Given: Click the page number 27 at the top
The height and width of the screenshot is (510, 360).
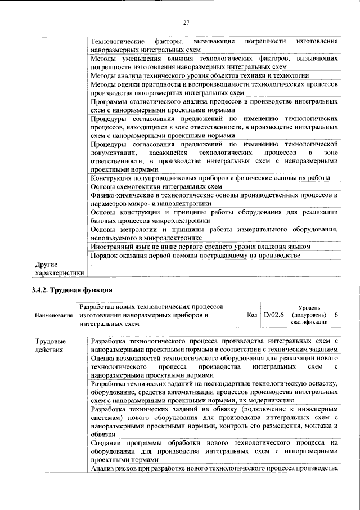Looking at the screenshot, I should click(x=186, y=23).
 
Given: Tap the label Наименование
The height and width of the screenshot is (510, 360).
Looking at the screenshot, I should click(x=53, y=316).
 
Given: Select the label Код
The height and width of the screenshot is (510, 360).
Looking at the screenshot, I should click(x=253, y=316).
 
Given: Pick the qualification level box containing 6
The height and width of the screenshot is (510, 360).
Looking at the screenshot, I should click(x=336, y=316).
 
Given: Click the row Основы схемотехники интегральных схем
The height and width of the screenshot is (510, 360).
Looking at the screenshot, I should click(x=157, y=187).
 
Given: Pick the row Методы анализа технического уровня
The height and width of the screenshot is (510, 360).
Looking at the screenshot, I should click(x=200, y=75).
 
